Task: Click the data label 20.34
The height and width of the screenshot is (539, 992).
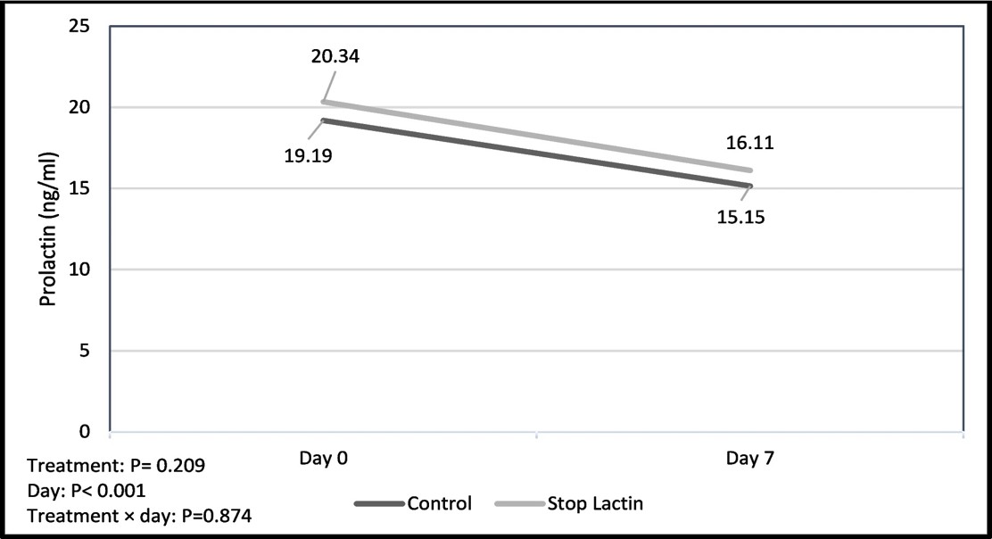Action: [x=335, y=56]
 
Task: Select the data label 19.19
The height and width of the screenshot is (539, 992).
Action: [x=308, y=155]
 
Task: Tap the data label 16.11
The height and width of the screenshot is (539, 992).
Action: [x=749, y=143]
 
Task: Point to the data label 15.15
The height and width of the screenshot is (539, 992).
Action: [x=740, y=217]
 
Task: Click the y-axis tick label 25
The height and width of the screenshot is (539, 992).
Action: [x=80, y=27]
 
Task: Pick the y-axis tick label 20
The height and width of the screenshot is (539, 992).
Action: [x=80, y=108]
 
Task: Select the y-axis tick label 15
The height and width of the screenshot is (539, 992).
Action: [x=80, y=188]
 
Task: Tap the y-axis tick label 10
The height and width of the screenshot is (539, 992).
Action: [x=80, y=269]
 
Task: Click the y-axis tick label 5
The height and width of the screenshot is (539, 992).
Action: [x=86, y=351]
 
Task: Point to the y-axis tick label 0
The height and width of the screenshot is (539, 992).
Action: [x=86, y=431]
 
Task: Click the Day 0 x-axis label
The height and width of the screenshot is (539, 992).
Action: [x=323, y=458]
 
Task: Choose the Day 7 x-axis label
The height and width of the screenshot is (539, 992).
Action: [x=749, y=458]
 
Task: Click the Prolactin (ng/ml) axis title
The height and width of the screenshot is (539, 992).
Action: [x=48, y=229]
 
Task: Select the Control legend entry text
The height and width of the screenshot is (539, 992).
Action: [x=440, y=503]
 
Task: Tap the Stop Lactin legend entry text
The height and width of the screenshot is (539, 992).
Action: [x=595, y=503]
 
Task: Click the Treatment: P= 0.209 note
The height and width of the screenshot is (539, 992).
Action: [x=116, y=466]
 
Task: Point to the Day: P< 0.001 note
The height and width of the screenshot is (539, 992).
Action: [x=87, y=490]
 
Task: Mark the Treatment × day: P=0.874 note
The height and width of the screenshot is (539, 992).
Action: [x=139, y=516]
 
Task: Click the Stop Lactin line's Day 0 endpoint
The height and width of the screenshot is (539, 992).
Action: [x=323, y=102]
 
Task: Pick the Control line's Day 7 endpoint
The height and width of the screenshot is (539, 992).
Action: [x=749, y=186]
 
